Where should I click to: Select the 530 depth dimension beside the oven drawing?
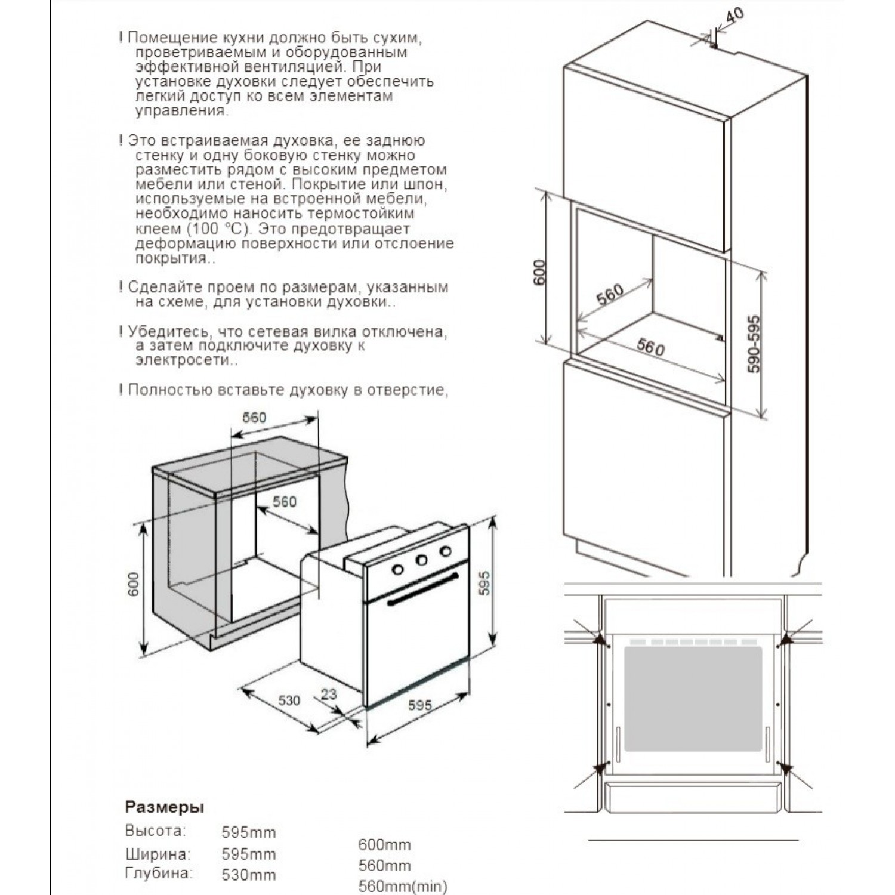(289, 699)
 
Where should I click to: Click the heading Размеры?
(164, 807)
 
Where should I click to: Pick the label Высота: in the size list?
(155, 831)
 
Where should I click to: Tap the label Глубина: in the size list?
(159, 874)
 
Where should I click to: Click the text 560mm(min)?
(402, 887)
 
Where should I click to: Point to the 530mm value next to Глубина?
(248, 875)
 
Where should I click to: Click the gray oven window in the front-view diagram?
(693, 698)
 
